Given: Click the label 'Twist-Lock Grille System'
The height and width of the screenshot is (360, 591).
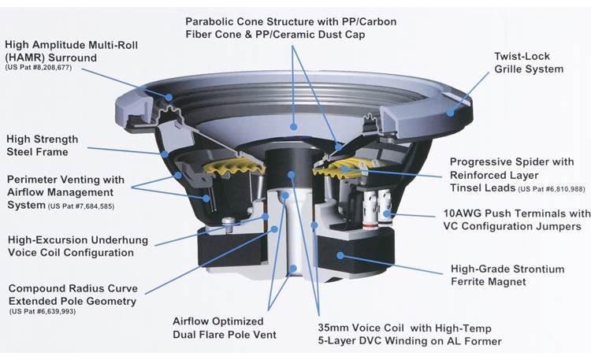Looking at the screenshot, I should [528, 63].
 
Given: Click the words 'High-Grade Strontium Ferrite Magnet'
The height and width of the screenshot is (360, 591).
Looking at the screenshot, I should [507, 275].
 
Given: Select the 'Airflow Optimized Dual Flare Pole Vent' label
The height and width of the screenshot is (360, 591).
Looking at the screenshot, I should [224, 328].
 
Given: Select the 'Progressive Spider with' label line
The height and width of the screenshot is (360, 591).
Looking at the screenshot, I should [511, 161].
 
